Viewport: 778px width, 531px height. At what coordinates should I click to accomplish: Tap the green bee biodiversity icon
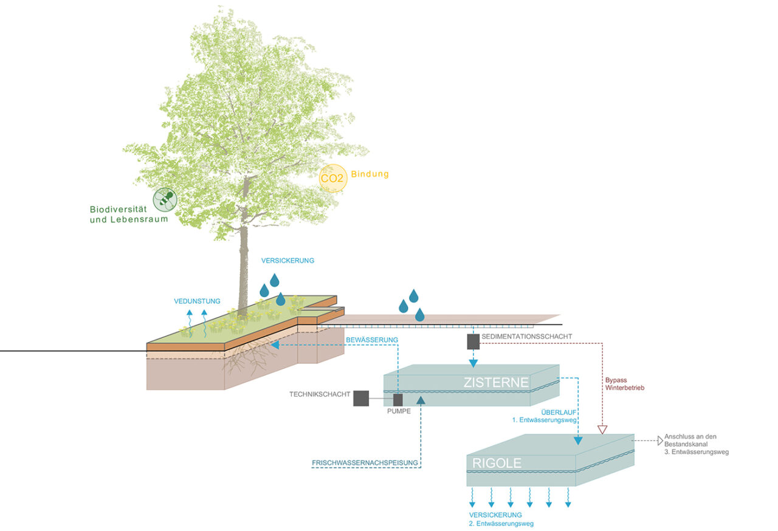click(165, 199)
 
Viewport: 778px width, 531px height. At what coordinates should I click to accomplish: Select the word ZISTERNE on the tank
click(496, 383)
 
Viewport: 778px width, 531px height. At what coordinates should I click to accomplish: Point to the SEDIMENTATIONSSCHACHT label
click(526, 337)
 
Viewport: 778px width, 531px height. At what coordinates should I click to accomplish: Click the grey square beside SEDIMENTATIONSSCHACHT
click(473, 342)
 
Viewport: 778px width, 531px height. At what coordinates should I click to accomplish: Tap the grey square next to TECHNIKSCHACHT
click(361, 398)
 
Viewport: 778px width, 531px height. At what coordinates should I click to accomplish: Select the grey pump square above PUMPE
click(398, 399)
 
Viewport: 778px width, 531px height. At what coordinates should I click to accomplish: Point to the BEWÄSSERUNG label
click(372, 339)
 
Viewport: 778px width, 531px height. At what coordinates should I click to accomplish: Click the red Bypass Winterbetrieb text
click(624, 383)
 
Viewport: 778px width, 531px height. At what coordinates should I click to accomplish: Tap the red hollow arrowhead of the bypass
click(602, 430)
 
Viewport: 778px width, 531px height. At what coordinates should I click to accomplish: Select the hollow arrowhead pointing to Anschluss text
click(661, 440)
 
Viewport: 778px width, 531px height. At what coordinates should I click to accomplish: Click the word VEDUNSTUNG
click(197, 301)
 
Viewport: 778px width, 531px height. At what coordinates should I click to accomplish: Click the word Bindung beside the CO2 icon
click(370, 174)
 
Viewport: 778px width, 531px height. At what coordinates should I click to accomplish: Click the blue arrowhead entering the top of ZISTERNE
click(473, 363)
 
